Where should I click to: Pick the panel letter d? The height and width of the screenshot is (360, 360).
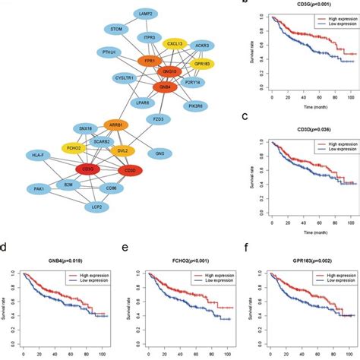coord(5,247)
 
